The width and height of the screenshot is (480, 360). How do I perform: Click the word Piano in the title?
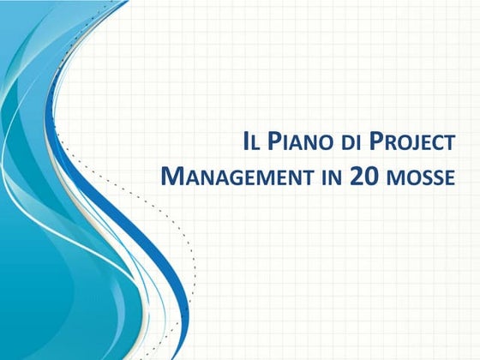pos(292,141)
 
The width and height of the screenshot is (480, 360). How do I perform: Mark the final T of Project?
pos(447,143)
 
